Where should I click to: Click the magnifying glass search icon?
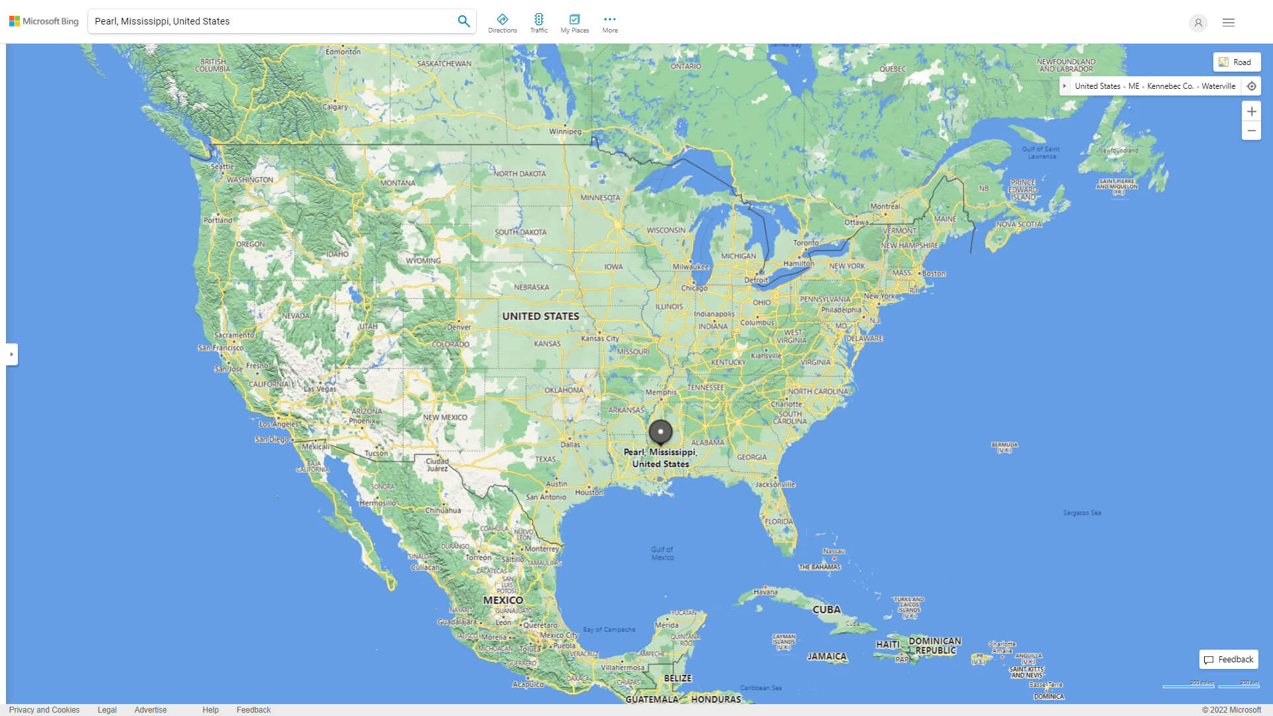coord(463,21)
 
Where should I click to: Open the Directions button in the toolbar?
coord(503,23)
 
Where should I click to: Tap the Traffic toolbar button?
coord(539,23)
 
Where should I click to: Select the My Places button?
coord(574,23)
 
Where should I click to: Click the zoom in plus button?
coord(1251,111)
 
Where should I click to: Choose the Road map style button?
coord(1237,62)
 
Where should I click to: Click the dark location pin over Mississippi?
coord(660,432)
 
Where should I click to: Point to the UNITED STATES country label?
coord(540,316)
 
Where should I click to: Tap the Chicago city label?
coord(694,288)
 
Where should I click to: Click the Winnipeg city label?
coord(565,131)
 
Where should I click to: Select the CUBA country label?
coord(826,609)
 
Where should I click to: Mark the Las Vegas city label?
coord(320,389)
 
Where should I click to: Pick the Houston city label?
coord(589,493)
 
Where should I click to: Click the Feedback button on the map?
coord(1229,660)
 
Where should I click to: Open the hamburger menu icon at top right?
coord(1229,23)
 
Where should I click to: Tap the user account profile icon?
coord(1198,23)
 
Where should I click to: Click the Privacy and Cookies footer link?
coord(44,710)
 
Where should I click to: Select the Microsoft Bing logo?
coord(44,21)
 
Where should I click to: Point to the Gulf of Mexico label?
coord(662,554)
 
